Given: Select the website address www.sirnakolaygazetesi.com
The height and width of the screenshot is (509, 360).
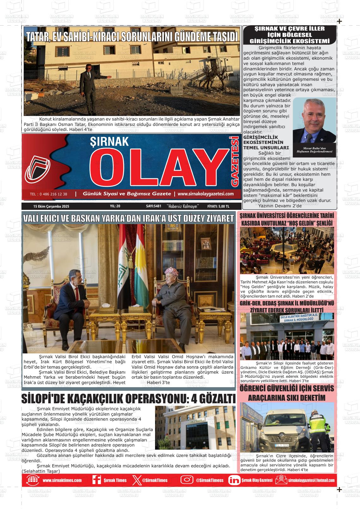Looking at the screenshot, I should [206, 194].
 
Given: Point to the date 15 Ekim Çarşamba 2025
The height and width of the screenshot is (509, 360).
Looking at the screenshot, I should [51, 206].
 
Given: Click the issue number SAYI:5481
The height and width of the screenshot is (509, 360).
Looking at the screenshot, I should [154, 206].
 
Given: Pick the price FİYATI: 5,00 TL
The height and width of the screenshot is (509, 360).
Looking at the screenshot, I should [218, 206].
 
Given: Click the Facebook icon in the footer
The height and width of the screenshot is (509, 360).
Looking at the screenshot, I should [96, 480].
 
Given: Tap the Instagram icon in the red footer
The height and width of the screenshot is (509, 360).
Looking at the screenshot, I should [187, 480].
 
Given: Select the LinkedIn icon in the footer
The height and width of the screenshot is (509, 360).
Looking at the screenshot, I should [234, 480].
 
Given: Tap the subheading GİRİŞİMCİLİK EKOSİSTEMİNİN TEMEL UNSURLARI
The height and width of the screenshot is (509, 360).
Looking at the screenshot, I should [266, 142].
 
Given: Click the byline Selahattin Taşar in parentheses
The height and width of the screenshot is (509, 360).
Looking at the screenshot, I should [41, 471].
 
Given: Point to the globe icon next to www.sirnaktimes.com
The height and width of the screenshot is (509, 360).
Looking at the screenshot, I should [33, 480].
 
